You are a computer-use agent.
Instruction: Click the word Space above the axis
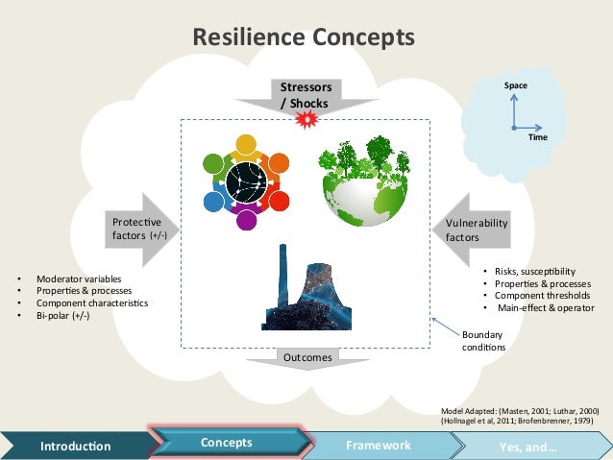point(516,85)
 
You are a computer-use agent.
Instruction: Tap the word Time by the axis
point(538,137)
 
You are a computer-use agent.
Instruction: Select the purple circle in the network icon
point(246,220)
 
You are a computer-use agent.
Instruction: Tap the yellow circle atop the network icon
point(245,145)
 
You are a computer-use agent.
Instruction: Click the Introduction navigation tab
point(75,446)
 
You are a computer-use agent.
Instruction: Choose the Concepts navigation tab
point(227,443)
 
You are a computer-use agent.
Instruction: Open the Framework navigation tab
point(378,446)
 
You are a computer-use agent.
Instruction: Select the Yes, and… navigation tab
point(528,447)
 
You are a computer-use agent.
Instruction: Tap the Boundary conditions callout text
point(482,340)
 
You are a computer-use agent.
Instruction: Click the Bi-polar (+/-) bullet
point(63,315)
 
